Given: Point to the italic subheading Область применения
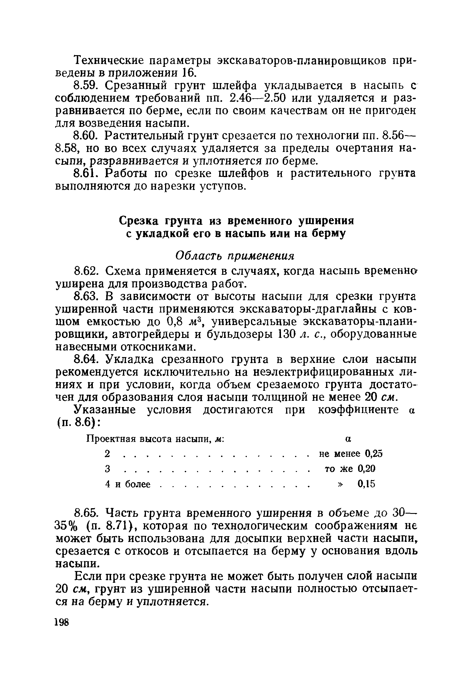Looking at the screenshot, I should pos(234,256).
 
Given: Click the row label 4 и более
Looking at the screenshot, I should pos(128,484).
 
